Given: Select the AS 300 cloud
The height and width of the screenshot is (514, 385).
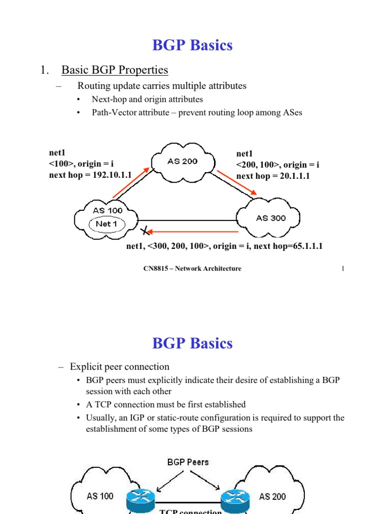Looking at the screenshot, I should point(268,218).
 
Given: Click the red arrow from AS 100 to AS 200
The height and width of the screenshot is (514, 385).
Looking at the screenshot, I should point(131,183).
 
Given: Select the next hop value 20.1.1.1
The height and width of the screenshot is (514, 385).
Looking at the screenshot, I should point(291,176).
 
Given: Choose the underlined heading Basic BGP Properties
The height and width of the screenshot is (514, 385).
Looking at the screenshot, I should point(114,70).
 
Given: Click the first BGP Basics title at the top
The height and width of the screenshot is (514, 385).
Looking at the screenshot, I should point(192,45).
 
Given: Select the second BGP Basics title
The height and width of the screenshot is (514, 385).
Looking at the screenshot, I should point(192,344).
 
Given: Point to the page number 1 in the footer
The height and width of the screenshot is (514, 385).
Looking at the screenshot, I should point(343,269).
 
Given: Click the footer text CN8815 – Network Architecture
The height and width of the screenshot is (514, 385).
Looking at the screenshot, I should point(192,269).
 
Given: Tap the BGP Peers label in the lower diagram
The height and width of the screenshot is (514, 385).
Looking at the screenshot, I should point(188,462).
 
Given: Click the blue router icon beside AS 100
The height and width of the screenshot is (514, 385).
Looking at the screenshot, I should point(142,497).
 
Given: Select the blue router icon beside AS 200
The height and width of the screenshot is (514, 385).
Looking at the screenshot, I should point(236,497).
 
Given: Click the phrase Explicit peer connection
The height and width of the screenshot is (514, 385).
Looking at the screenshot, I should point(120,366).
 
